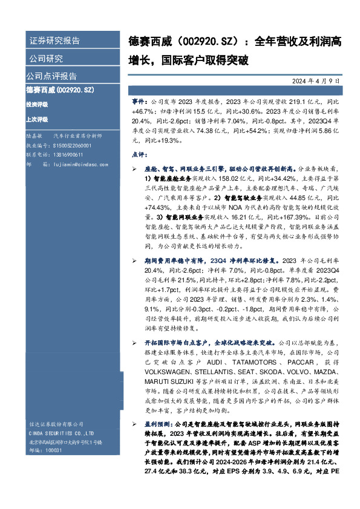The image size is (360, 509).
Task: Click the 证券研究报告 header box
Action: point(55,41)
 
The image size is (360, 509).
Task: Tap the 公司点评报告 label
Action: point(51,76)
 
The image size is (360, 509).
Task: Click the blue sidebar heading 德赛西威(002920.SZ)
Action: point(60,90)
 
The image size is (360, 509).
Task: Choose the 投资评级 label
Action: point(36,104)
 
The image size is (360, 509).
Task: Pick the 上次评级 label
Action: point(36,120)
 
